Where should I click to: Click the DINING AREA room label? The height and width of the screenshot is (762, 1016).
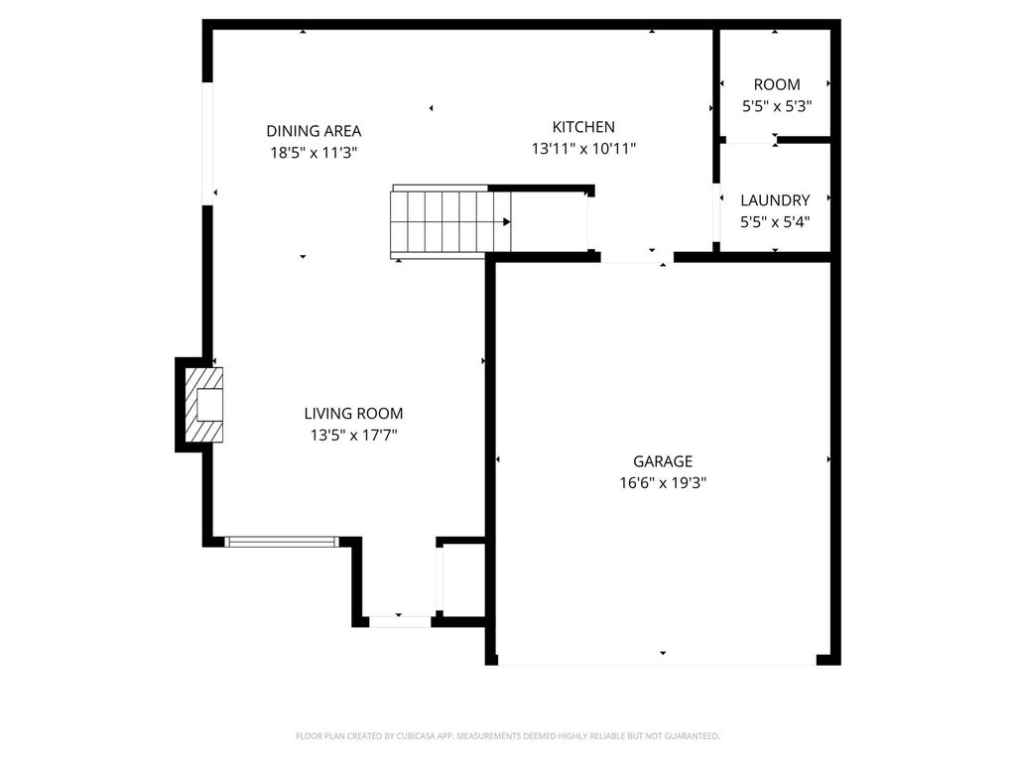pyautogui.click(x=314, y=131)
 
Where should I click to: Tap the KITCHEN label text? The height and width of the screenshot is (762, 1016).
pyautogui.click(x=583, y=127)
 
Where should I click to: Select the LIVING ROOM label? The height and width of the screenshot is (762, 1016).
pyautogui.click(x=353, y=414)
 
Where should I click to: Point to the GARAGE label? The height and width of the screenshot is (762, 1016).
pyautogui.click(x=663, y=461)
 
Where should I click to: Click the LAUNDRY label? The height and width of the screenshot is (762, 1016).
pyautogui.click(x=775, y=200)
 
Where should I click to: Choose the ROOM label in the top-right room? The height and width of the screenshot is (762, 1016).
pyautogui.click(x=776, y=85)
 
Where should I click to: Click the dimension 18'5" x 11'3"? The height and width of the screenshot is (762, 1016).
pyautogui.click(x=314, y=153)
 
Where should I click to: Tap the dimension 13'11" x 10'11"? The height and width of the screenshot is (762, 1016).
pyautogui.click(x=583, y=149)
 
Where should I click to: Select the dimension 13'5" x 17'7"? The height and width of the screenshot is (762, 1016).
pyautogui.click(x=353, y=435)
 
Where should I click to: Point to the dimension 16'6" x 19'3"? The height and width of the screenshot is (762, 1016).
pyautogui.click(x=663, y=483)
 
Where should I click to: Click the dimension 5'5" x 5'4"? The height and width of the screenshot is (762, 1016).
pyautogui.click(x=775, y=222)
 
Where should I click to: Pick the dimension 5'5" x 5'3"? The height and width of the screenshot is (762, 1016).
pyautogui.click(x=776, y=106)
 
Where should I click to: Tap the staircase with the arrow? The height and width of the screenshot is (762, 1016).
pyautogui.click(x=451, y=222)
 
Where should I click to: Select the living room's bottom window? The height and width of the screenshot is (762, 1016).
pyautogui.click(x=282, y=542)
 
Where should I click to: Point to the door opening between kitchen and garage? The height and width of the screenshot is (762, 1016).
pyautogui.click(x=636, y=258)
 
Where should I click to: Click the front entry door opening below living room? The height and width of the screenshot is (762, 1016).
pyautogui.click(x=400, y=622)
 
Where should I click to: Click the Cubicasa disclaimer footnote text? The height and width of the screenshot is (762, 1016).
pyautogui.click(x=507, y=736)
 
